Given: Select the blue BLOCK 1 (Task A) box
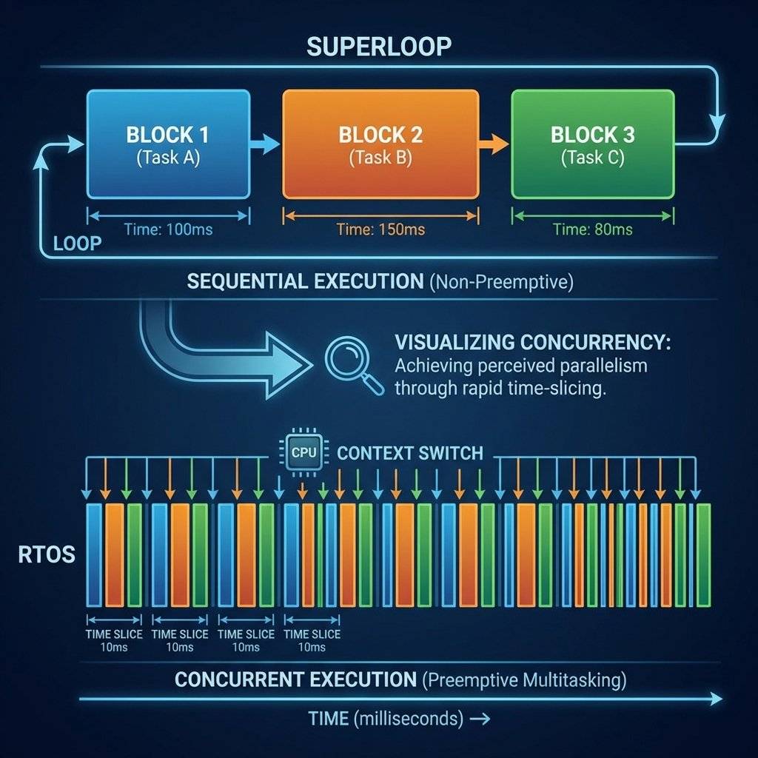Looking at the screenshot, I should pyautogui.click(x=167, y=144).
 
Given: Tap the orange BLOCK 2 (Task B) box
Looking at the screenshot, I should pyautogui.click(x=380, y=144).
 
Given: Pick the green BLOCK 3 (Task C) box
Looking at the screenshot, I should pyautogui.click(x=592, y=144).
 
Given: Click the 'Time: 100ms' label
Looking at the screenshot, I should pyautogui.click(x=168, y=229).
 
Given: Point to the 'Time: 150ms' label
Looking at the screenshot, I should pyautogui.click(x=380, y=229).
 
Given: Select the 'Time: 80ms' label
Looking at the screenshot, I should pyautogui.click(x=592, y=229).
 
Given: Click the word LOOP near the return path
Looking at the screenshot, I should pyautogui.click(x=78, y=244).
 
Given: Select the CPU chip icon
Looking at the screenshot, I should pyautogui.click(x=300, y=452).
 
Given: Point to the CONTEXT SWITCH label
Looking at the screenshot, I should pyautogui.click(x=409, y=452).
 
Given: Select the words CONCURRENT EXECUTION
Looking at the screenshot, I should pyautogui.click(x=296, y=679).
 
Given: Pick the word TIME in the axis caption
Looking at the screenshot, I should pyautogui.click(x=329, y=718).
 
